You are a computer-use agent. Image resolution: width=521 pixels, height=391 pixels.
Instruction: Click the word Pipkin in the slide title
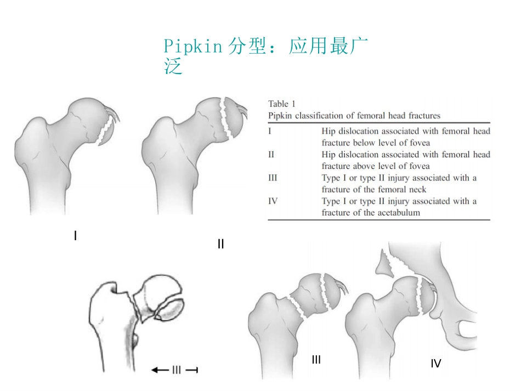tap(192, 47)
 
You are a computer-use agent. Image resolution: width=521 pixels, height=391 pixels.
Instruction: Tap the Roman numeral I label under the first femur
tap(76, 236)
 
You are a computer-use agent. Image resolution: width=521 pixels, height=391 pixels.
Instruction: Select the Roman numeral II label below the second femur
tap(220, 244)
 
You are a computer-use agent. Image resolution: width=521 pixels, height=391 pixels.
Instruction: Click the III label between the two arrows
tap(177, 370)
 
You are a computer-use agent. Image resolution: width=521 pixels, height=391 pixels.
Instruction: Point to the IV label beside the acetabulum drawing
tap(436, 364)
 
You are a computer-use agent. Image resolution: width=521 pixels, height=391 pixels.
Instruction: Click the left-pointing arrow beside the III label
tap(160, 370)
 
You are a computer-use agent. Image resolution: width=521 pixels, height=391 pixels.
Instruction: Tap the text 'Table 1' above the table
tap(282, 104)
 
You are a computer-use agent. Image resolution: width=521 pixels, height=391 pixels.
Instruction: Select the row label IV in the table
tap(273, 201)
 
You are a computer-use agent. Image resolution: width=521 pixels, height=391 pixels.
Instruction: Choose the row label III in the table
tap(273, 178)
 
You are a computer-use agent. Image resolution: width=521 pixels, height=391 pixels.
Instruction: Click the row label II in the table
tap(271, 155)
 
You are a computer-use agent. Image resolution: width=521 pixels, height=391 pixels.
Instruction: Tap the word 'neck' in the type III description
tap(418, 190)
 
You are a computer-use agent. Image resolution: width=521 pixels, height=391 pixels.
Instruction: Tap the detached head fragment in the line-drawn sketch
tap(169, 309)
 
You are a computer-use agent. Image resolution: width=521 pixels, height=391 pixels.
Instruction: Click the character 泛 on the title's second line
tap(173, 66)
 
